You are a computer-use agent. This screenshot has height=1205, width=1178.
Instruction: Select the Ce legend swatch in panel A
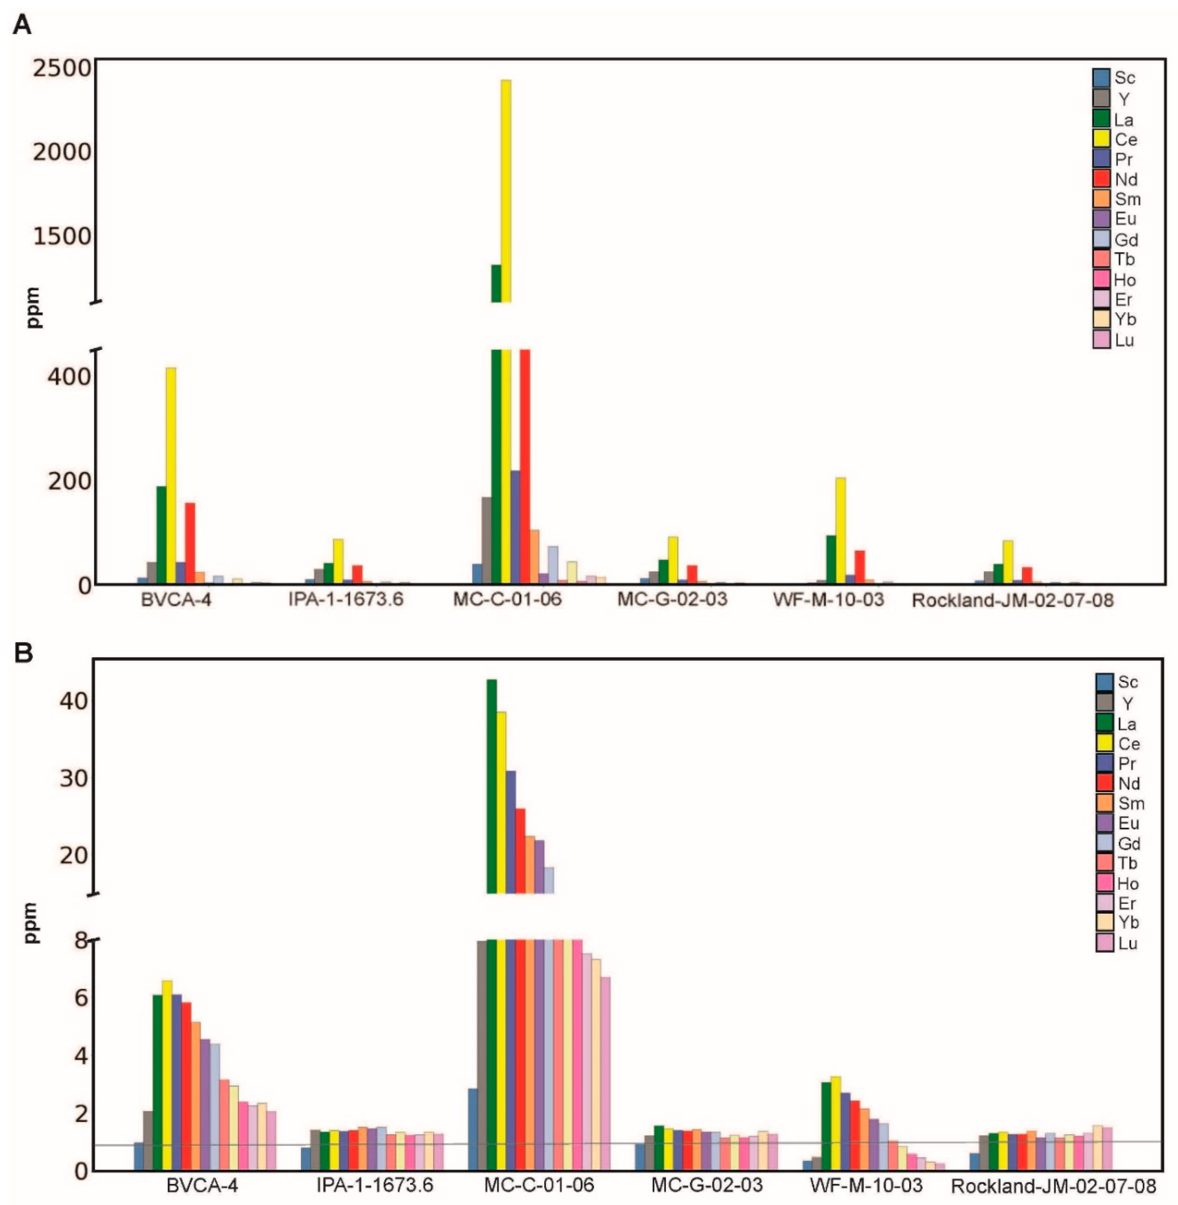coord(1101,139)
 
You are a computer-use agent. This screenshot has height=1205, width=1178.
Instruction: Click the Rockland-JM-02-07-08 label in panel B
coord(1053,1186)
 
